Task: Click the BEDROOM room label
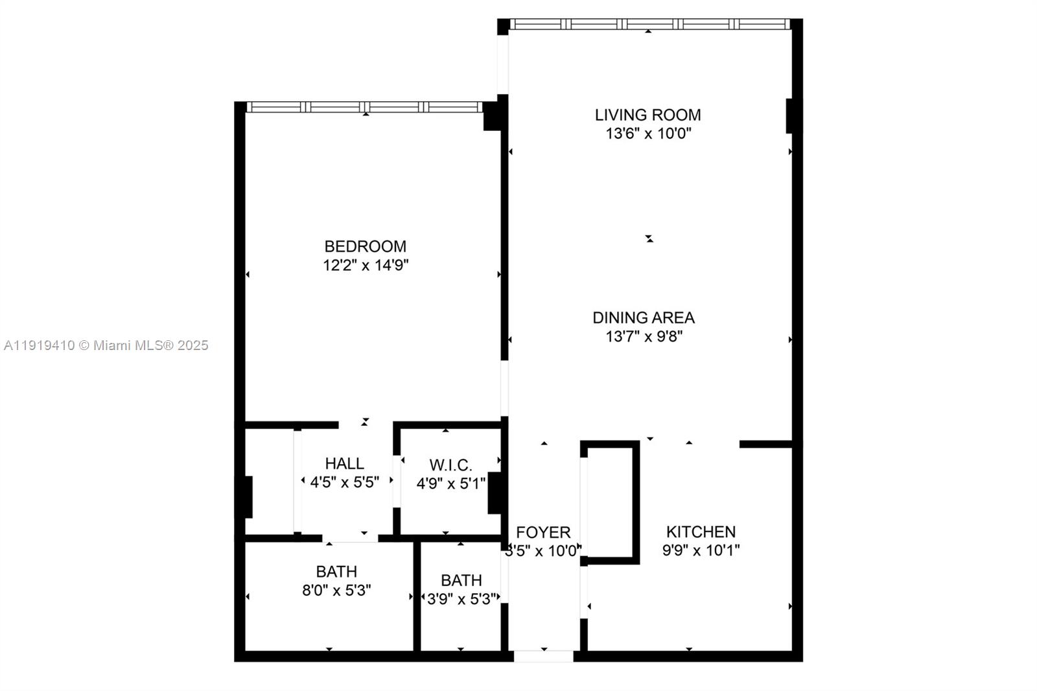click(x=365, y=246)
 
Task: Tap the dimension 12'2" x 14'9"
click(x=366, y=265)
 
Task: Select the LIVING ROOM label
click(x=647, y=115)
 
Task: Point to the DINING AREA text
click(x=643, y=318)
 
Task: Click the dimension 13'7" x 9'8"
click(x=644, y=336)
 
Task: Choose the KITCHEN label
click(x=701, y=532)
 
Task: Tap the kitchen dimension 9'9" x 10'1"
click(x=701, y=550)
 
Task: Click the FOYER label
click(x=543, y=532)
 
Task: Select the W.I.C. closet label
click(x=450, y=465)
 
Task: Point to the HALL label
click(x=344, y=463)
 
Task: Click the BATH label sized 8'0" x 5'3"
click(x=336, y=572)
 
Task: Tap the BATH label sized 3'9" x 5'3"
click(x=461, y=580)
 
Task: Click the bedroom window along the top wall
click(x=364, y=107)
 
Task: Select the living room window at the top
click(x=649, y=24)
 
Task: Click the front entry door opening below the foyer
click(x=543, y=656)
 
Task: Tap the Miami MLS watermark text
click(x=106, y=345)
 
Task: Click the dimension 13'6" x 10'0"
click(x=648, y=134)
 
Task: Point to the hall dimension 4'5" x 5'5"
click(x=344, y=482)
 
